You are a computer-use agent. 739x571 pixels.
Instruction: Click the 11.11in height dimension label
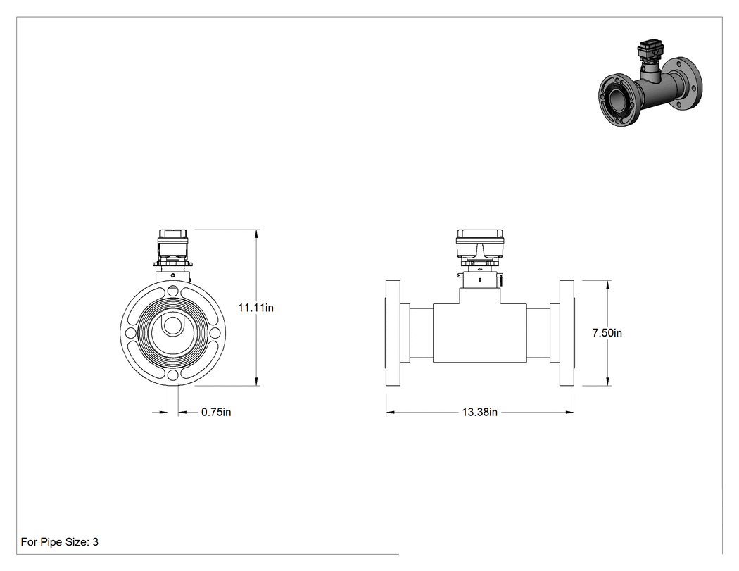pos(255,308)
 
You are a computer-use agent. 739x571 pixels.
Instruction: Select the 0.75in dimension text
pos(216,412)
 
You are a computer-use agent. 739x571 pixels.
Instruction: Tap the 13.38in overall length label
pos(480,412)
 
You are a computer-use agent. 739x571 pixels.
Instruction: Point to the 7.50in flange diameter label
pos(607,333)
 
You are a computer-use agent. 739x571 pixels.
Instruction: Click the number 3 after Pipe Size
pos(96,542)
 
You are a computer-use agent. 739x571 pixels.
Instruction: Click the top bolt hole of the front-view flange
pos(173,291)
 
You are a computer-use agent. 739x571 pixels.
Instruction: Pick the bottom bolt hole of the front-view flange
pos(173,375)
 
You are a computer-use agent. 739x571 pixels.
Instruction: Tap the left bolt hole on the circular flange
pos(131,333)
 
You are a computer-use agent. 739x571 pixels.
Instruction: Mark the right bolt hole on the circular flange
pos(215,333)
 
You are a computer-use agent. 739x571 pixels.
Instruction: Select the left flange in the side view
pos(393,333)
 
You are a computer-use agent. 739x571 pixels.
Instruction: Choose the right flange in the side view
pos(567,333)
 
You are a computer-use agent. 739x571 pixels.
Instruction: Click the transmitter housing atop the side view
pos(480,245)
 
